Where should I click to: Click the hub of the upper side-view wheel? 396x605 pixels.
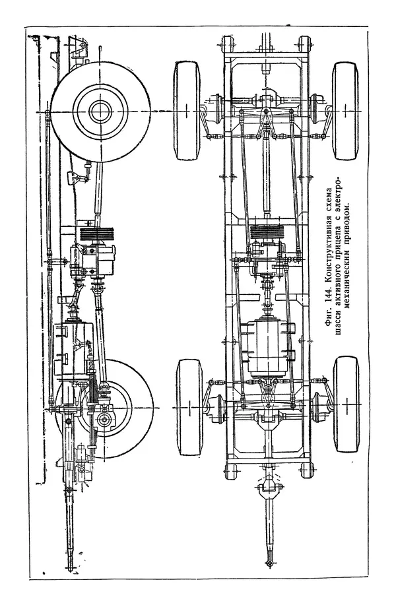pyautogui.click(x=100, y=111)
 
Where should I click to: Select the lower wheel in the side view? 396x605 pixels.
pyautogui.click(x=106, y=409)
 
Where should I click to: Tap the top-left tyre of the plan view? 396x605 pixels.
pyautogui.click(x=187, y=111)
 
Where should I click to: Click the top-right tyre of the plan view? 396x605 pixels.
pyautogui.click(x=345, y=111)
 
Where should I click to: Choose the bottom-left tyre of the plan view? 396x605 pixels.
pyautogui.click(x=189, y=406)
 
